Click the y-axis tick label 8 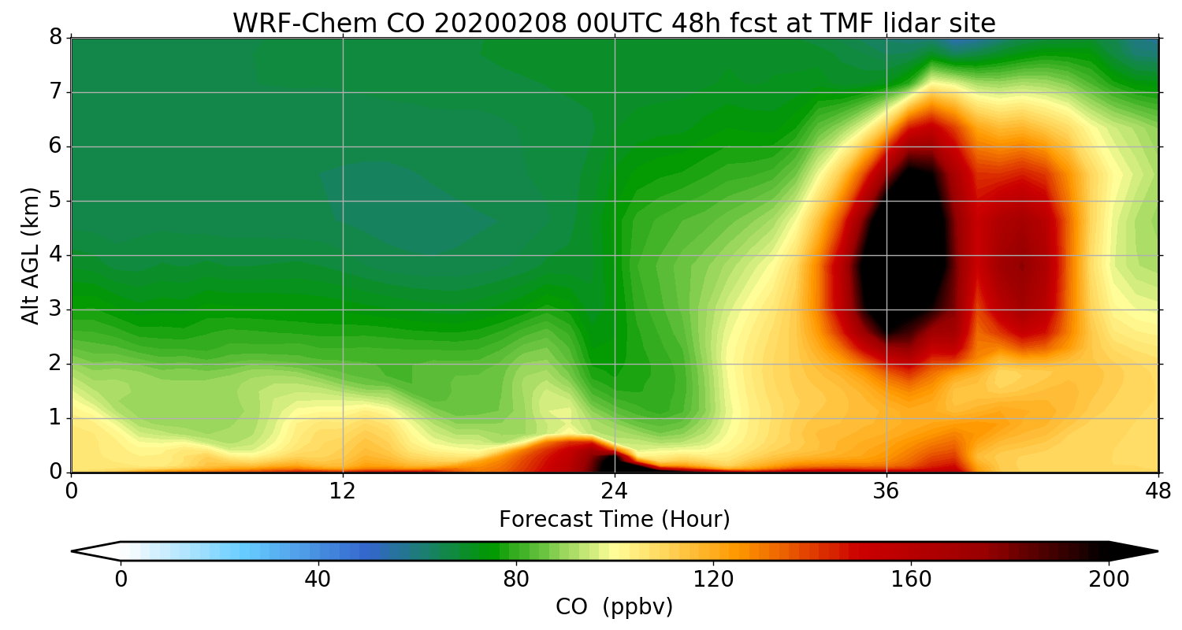[55, 38]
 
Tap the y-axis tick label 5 [55, 201]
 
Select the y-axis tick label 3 [55, 309]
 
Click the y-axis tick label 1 [55, 418]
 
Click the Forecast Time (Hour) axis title [615, 520]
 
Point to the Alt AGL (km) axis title [30, 255]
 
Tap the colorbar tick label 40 [318, 580]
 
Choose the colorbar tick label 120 [714, 580]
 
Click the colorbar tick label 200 [1110, 580]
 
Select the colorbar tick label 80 [516, 580]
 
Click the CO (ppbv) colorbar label [615, 607]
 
